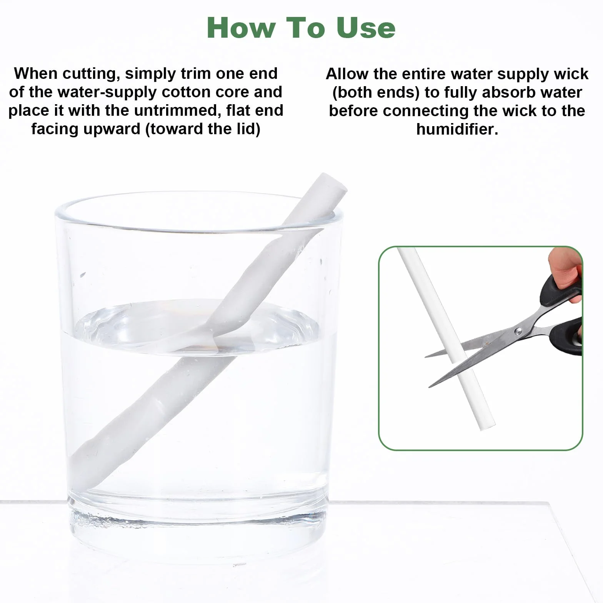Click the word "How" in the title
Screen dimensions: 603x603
point(242,28)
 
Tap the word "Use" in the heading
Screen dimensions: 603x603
point(365,28)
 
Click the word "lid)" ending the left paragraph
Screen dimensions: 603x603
point(248,129)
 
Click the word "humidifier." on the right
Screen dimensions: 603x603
point(457,129)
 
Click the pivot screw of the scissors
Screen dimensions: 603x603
point(518,330)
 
